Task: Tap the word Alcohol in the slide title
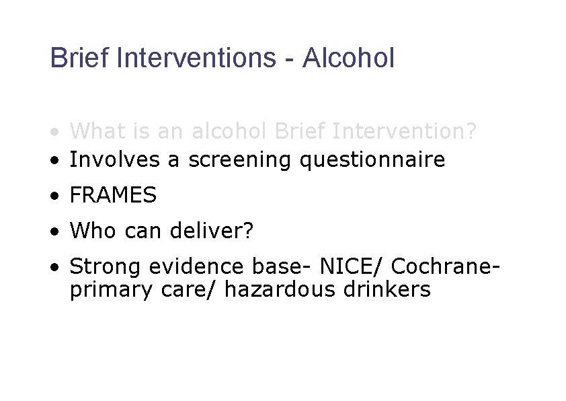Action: pyautogui.click(x=348, y=58)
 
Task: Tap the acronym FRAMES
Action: pyautogui.click(x=113, y=196)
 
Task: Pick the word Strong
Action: pyautogui.click(x=106, y=268)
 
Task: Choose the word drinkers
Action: pyautogui.click(x=393, y=289)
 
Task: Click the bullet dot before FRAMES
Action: pyautogui.click(x=54, y=196)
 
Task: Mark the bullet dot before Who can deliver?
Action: pyautogui.click(x=54, y=232)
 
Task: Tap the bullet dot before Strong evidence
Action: pyautogui.click(x=54, y=268)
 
